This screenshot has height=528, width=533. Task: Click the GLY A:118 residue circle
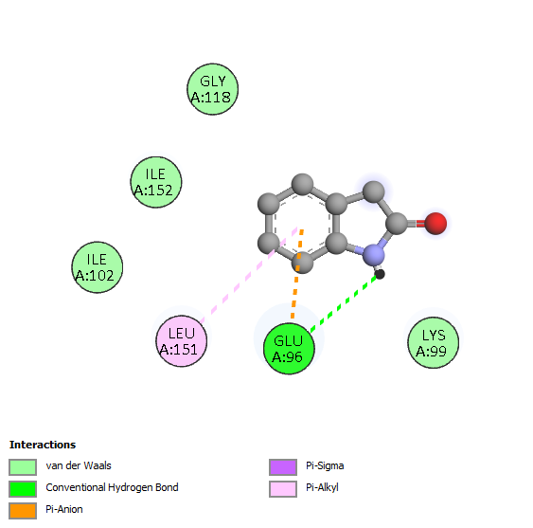point(213,89)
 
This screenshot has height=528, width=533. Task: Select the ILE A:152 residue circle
point(156,182)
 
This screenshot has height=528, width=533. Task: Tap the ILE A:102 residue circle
point(98,267)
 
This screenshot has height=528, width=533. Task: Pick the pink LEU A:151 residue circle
point(181,341)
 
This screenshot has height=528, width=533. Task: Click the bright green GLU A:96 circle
point(289,349)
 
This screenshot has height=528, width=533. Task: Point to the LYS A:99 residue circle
point(433,343)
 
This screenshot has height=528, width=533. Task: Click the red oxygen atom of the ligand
point(435,224)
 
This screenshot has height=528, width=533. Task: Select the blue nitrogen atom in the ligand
point(374,255)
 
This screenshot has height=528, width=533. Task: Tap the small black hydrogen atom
point(380,274)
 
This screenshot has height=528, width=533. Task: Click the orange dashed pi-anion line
point(296,274)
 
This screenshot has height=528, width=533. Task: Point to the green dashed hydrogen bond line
point(344,302)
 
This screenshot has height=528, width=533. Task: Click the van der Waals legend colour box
point(23,467)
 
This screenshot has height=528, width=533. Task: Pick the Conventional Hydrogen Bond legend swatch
point(23,489)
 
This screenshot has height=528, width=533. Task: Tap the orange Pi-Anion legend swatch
point(23,511)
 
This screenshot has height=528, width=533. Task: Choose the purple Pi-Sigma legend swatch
point(283,467)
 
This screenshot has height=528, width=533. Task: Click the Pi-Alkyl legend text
point(322,488)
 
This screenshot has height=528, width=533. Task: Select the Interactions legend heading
point(43,445)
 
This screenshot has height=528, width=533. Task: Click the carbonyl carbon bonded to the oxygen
point(397,224)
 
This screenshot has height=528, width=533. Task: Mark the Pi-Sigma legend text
point(325,465)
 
